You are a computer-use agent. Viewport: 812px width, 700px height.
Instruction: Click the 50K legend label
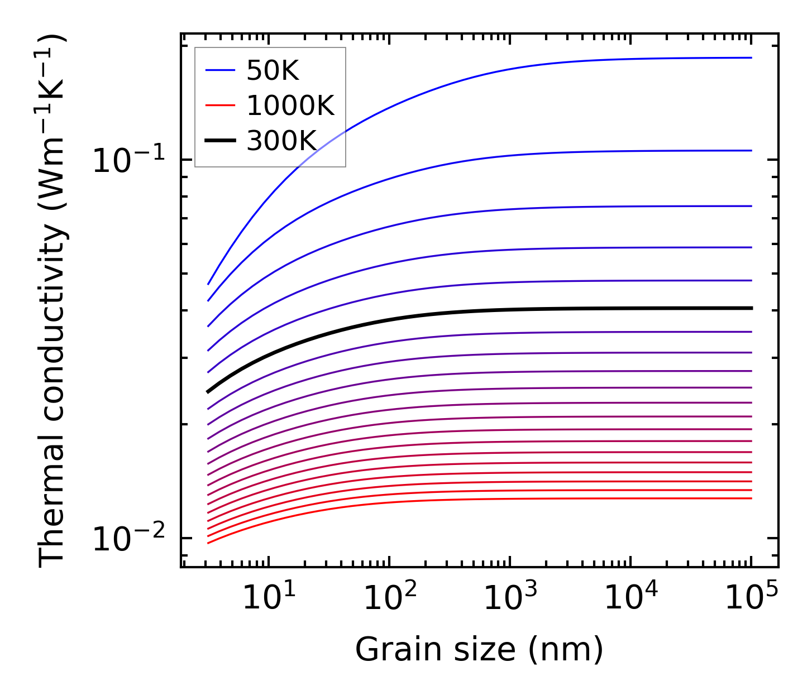[x=273, y=71]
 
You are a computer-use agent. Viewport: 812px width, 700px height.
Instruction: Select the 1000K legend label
[x=290, y=106]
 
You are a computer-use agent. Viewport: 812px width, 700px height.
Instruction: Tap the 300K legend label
[x=282, y=141]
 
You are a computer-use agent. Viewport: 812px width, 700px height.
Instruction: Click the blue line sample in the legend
[x=220, y=70]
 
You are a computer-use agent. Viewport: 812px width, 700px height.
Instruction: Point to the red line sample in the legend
[x=220, y=106]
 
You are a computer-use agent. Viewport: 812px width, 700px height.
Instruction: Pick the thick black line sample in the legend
[x=220, y=141]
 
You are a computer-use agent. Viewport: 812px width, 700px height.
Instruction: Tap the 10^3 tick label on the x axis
[x=511, y=598]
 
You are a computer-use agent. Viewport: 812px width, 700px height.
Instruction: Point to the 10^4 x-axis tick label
[x=632, y=598]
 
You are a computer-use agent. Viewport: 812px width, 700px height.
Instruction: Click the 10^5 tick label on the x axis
[x=752, y=598]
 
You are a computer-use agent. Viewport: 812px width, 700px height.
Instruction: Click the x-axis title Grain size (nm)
[x=479, y=650]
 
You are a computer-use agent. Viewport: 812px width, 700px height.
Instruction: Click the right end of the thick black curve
[x=751, y=308]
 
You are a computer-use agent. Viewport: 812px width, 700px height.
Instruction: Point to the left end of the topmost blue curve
[x=208, y=284]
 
